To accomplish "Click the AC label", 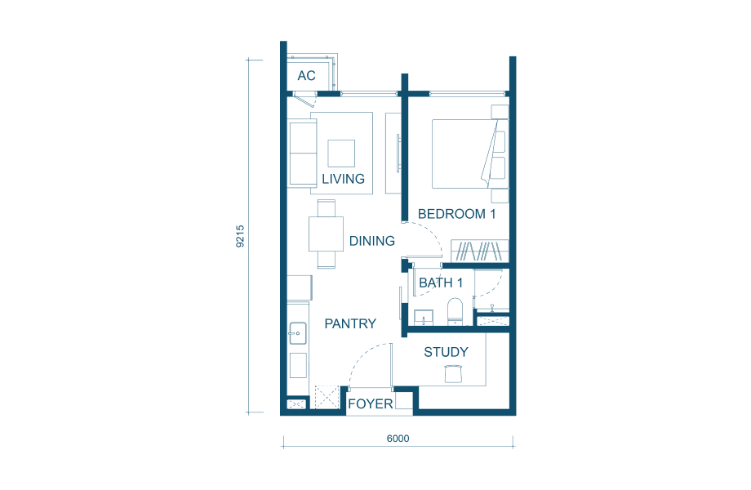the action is click(x=306, y=76).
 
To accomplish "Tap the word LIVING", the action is click(x=343, y=179).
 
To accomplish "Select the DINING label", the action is click(x=371, y=241).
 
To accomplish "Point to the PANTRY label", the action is click(x=350, y=323).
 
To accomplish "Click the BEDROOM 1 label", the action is click(x=456, y=214).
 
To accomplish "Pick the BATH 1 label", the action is click(x=441, y=283).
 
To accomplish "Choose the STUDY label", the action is click(x=446, y=352).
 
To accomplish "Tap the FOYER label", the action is click(x=371, y=403).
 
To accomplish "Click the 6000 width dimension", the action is click(x=398, y=439).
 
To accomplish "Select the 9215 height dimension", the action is click(x=240, y=236).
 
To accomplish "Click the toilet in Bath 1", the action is click(x=455, y=312).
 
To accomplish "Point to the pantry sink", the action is click(x=297, y=333).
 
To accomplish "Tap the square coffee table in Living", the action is click(x=341, y=154).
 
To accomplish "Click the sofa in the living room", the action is click(x=303, y=154).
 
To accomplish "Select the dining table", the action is click(x=326, y=234).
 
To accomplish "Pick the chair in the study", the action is click(x=453, y=373).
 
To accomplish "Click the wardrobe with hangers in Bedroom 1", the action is click(x=479, y=251).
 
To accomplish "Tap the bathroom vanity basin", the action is click(x=424, y=318).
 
